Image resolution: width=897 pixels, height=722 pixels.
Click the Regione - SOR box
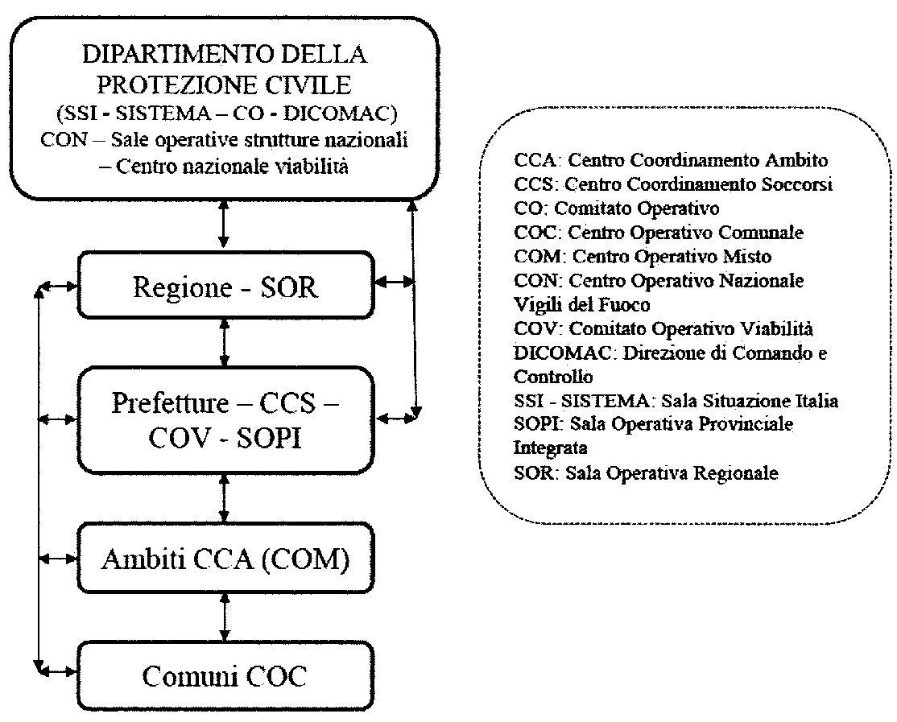pos(225,287)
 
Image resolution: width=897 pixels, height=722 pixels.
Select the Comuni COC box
pos(225,677)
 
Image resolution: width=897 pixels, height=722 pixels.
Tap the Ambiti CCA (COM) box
pos(225,559)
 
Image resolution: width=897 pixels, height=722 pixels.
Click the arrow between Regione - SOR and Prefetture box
pos(225,344)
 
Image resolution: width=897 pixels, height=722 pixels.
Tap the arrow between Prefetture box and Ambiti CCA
pos(225,500)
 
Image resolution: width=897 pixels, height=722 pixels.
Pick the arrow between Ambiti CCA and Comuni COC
pos(225,618)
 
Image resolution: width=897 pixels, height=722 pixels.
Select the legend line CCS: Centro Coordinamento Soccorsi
pos(672,184)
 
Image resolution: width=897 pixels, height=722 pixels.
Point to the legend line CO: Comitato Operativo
pos(616,208)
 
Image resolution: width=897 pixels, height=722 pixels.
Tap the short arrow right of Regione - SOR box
pos(394,282)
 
